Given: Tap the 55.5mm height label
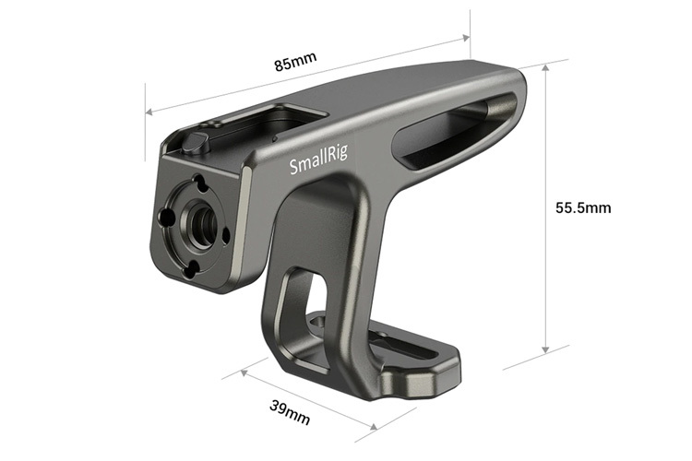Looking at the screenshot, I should click(583, 207).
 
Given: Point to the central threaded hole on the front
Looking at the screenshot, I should click(196, 224).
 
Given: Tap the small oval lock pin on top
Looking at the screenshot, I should click(194, 142).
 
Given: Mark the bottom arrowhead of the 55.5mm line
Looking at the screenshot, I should click(548, 350).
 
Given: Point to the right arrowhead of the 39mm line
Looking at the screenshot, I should click(373, 427).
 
